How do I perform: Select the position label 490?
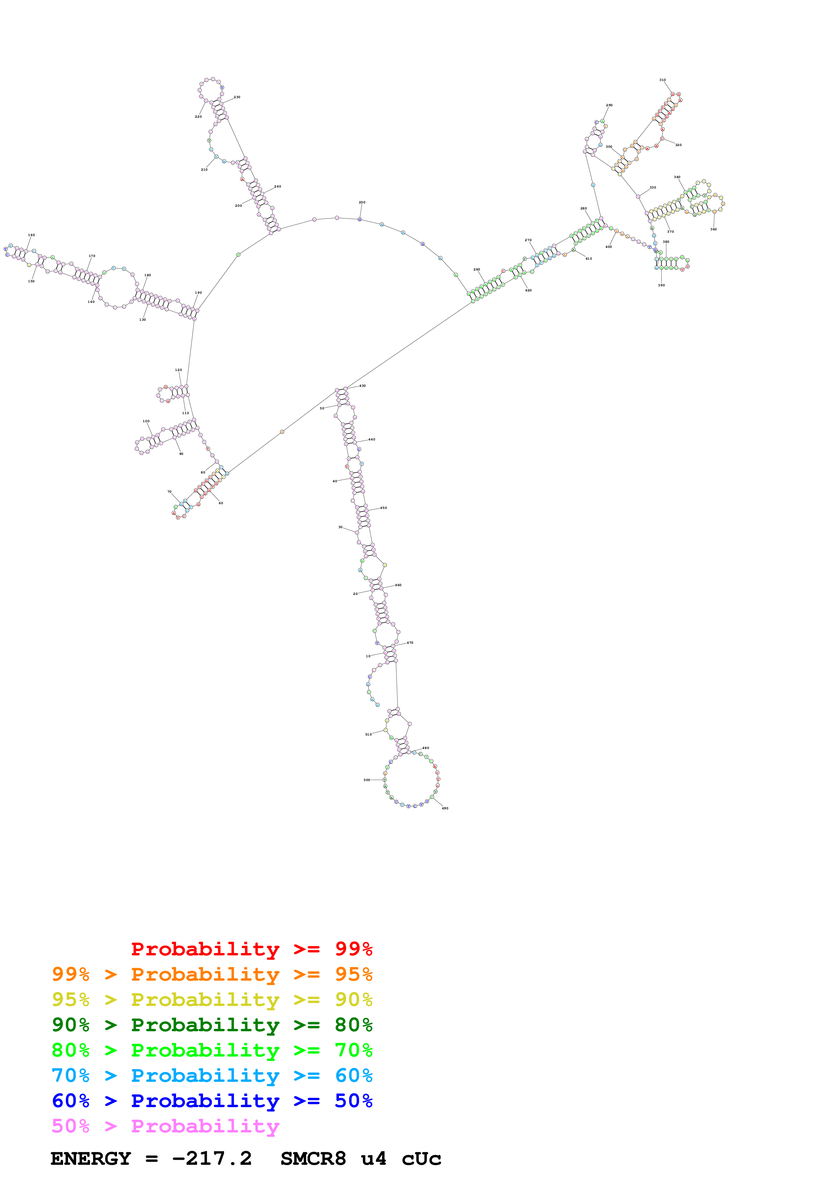[x=445, y=808]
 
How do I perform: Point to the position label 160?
[x=31, y=235]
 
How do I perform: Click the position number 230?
[x=237, y=97]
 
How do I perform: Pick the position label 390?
[x=661, y=285]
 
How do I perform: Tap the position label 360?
[x=713, y=229]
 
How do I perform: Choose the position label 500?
[x=367, y=780]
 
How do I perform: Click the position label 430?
[x=363, y=385]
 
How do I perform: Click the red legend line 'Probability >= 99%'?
[x=251, y=949]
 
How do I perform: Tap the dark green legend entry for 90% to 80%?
[x=212, y=1025]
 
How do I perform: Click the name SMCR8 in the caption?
[x=313, y=1159]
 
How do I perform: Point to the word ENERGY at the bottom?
[x=91, y=1159]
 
